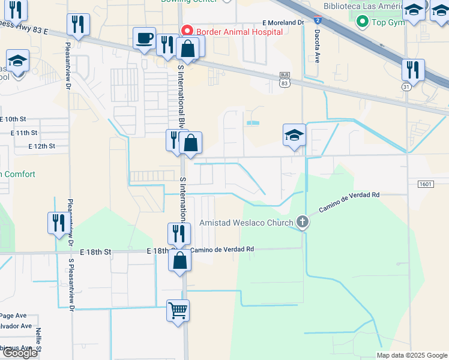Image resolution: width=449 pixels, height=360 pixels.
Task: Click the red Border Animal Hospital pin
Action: [187, 30]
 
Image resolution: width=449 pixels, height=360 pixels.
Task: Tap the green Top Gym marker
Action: [362, 22]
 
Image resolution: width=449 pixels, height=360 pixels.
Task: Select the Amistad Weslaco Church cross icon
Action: [303, 223]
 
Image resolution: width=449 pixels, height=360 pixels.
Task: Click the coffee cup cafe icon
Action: [144, 40]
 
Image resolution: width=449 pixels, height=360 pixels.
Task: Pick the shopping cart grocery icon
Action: [178, 311]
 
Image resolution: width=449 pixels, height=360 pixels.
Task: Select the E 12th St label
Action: [41, 146]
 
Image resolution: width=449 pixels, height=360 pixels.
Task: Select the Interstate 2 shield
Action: [317, 20]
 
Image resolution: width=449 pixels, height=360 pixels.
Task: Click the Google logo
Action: [20, 353]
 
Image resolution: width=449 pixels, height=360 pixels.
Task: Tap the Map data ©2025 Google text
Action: [411, 355]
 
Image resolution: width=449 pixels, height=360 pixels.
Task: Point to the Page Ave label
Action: [13, 316]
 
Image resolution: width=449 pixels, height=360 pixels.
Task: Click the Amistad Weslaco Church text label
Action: [247, 223]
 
